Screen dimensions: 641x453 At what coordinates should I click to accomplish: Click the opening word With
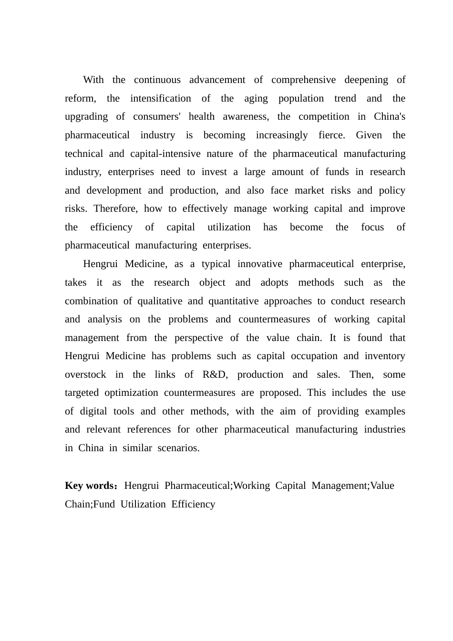coord(93,80)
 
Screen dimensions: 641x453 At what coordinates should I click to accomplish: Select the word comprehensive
coord(303,80)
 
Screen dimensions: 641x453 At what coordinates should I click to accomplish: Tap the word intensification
coord(160,99)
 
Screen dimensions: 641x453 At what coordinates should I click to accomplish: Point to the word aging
coord(256,99)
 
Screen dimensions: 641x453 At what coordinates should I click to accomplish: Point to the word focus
coord(372,227)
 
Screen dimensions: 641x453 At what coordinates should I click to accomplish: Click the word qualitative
coord(160,301)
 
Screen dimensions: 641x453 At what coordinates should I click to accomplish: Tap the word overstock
coord(85,375)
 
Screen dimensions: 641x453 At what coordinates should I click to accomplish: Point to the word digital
coord(93,412)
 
